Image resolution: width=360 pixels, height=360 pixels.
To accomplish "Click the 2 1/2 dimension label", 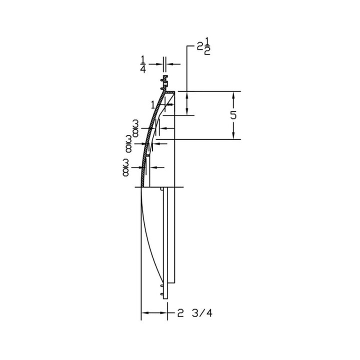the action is coord(204,48).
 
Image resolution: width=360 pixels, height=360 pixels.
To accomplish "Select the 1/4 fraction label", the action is coord(143,64).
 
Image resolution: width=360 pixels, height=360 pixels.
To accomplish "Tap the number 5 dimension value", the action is coord(233,115).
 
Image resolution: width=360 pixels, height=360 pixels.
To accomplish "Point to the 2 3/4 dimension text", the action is coord(194,312).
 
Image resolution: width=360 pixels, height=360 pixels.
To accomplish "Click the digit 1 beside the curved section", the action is coord(153,105).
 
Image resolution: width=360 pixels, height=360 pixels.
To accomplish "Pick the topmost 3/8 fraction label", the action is coord(135,128).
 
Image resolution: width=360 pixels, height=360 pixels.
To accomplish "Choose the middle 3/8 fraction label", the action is coord(129,144).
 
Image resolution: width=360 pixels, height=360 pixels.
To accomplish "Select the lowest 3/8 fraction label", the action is coord(126,167).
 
